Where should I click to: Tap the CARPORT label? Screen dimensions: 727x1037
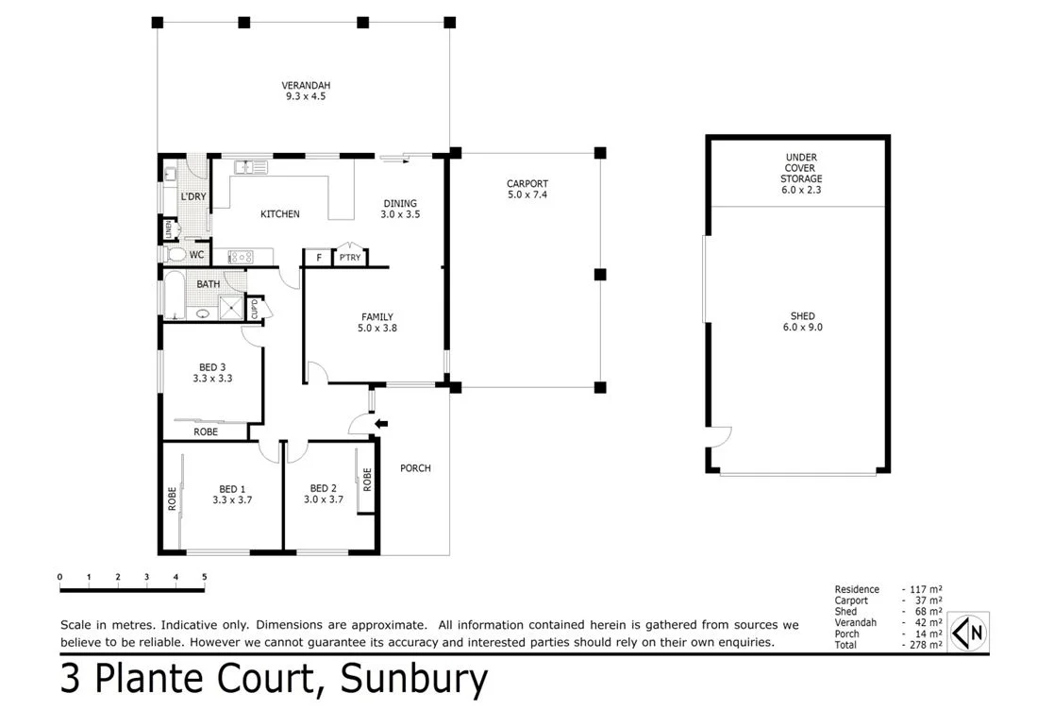(527, 190)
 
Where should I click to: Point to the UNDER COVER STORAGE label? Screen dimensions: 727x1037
(800, 174)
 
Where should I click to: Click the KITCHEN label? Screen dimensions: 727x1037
(279, 214)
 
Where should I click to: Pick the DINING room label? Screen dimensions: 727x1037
(399, 209)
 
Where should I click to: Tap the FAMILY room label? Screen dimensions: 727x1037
(376, 323)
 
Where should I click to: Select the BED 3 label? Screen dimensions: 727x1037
(212, 373)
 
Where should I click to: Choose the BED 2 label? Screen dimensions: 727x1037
(323, 495)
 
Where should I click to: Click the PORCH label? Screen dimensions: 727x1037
(415, 468)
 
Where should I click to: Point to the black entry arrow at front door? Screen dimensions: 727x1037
(379, 425)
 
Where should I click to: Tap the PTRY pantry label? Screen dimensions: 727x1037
(350, 258)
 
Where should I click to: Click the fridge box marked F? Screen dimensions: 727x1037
(318, 258)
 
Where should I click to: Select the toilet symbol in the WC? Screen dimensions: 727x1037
(174, 255)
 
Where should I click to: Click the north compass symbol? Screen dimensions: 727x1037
(968, 632)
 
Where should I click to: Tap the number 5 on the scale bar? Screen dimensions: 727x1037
(204, 577)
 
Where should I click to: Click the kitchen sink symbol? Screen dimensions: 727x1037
(251, 167)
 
